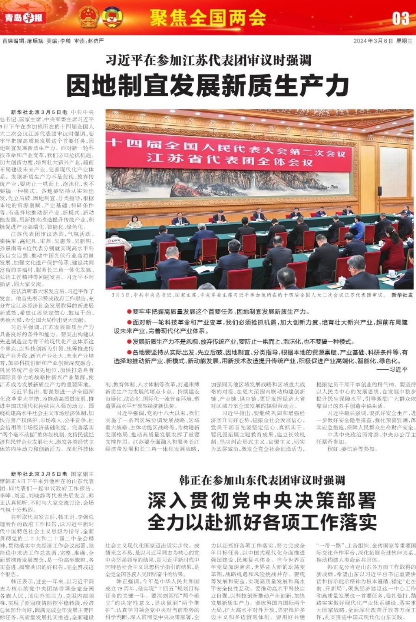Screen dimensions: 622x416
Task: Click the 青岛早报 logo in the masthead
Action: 24,17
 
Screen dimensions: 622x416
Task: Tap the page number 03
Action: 400,18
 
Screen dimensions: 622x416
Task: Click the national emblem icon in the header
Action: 88,17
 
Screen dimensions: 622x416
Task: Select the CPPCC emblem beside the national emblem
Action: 112,17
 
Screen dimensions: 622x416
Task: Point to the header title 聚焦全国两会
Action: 208,18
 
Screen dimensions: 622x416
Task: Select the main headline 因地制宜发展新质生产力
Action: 208,86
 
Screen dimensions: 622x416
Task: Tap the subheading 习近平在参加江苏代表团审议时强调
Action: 208,61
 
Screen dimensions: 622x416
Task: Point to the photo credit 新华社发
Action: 402,295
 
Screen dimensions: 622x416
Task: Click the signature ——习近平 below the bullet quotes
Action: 392,369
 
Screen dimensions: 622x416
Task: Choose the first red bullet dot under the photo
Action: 129,312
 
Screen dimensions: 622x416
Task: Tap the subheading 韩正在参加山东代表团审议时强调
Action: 262,480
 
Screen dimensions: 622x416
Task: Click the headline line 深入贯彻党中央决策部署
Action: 262,501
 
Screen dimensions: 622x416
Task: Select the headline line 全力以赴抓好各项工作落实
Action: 262,522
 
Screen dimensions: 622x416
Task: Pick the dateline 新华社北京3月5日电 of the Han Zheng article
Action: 39,474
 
